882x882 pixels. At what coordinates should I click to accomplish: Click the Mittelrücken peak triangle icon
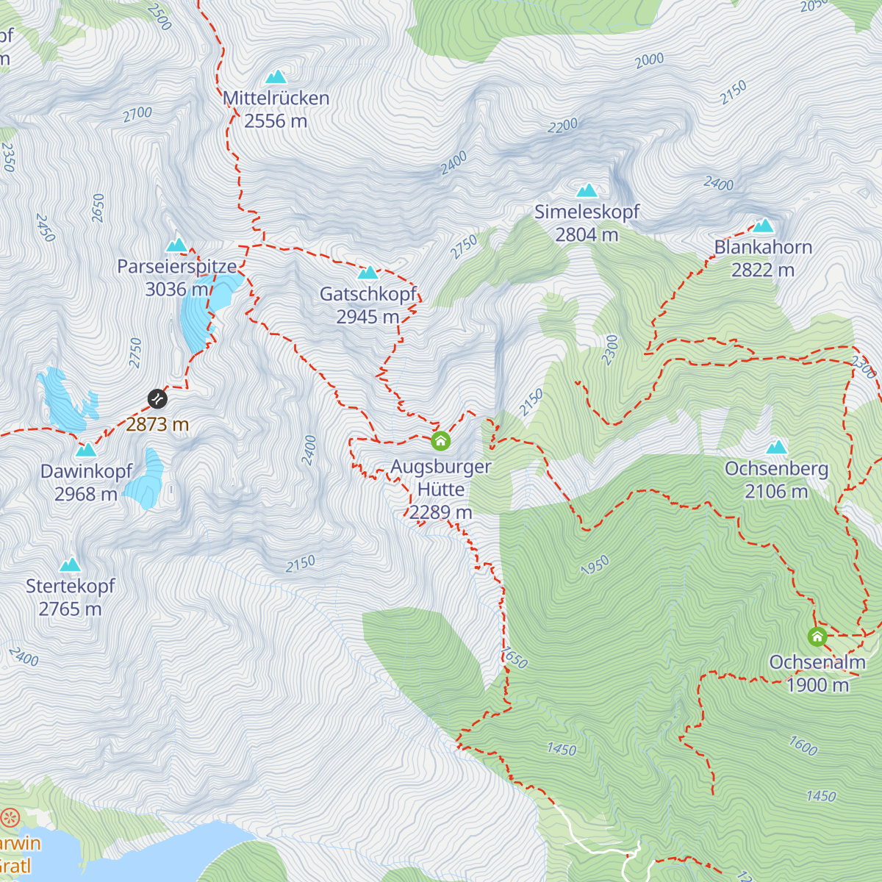point(276,77)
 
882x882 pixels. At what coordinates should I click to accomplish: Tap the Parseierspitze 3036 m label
point(177,277)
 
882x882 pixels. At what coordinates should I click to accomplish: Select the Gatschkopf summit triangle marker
point(367,273)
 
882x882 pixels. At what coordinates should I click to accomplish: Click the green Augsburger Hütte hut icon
point(440,441)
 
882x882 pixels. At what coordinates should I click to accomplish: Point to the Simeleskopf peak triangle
point(587,191)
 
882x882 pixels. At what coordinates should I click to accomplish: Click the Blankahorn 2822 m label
point(763,259)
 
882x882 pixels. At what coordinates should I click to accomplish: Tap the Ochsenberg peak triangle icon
point(776,448)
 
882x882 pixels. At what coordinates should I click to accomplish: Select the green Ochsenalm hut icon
point(817,637)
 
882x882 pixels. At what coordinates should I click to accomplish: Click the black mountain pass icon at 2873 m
point(157,399)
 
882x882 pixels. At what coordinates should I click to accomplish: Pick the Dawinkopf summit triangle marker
point(86,450)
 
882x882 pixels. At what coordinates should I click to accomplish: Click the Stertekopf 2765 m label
point(71,597)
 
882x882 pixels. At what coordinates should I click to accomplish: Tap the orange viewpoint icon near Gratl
point(10,817)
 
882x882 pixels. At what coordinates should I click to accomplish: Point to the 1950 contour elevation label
point(595,565)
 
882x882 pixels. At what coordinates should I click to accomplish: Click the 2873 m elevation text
point(157,424)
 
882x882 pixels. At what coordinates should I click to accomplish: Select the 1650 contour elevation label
point(514,658)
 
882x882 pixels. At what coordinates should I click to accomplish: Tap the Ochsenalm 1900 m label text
point(817,673)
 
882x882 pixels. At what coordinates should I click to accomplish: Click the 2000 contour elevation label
point(650,60)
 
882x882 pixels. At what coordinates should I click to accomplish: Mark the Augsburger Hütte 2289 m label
point(441,489)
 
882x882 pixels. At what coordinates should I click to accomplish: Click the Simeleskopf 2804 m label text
point(587,223)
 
